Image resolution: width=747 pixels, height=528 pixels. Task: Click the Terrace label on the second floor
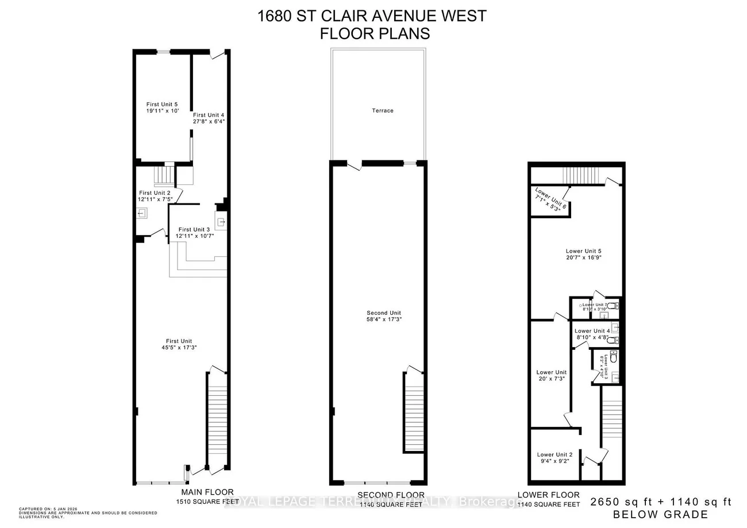coord(382,110)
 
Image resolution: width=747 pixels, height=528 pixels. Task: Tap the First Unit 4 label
coord(208,115)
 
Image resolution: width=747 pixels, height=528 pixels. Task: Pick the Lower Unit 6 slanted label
coord(550,198)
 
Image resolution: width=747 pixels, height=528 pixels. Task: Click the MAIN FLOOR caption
coord(207,492)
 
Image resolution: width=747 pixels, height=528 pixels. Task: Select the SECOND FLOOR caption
coord(391,495)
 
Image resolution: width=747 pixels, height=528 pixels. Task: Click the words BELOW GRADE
coord(661,514)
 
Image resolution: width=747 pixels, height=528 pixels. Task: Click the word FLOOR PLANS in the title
coord(374,33)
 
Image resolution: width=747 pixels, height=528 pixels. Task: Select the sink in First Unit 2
coord(142,214)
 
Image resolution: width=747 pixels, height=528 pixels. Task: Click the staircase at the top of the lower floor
coord(581,173)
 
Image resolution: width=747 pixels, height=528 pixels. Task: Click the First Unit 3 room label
coord(195,229)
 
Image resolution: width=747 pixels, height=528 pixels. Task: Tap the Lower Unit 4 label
coord(593,331)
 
